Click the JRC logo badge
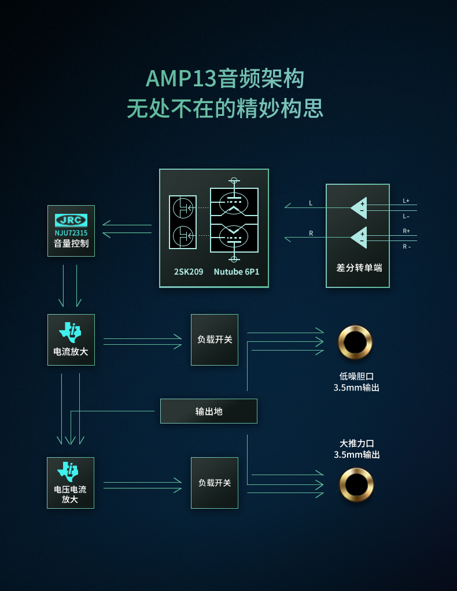point(71,220)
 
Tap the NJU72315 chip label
point(71,232)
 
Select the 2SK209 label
point(189,271)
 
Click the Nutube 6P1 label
point(236,271)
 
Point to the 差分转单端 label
point(359,268)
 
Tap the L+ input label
point(406,200)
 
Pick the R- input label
point(406,246)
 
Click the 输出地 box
point(209,411)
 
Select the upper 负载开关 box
point(215,340)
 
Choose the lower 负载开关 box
point(215,483)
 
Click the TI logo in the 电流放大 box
point(70,332)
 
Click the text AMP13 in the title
point(180,79)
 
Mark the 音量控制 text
point(71,244)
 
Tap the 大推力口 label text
point(356,443)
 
